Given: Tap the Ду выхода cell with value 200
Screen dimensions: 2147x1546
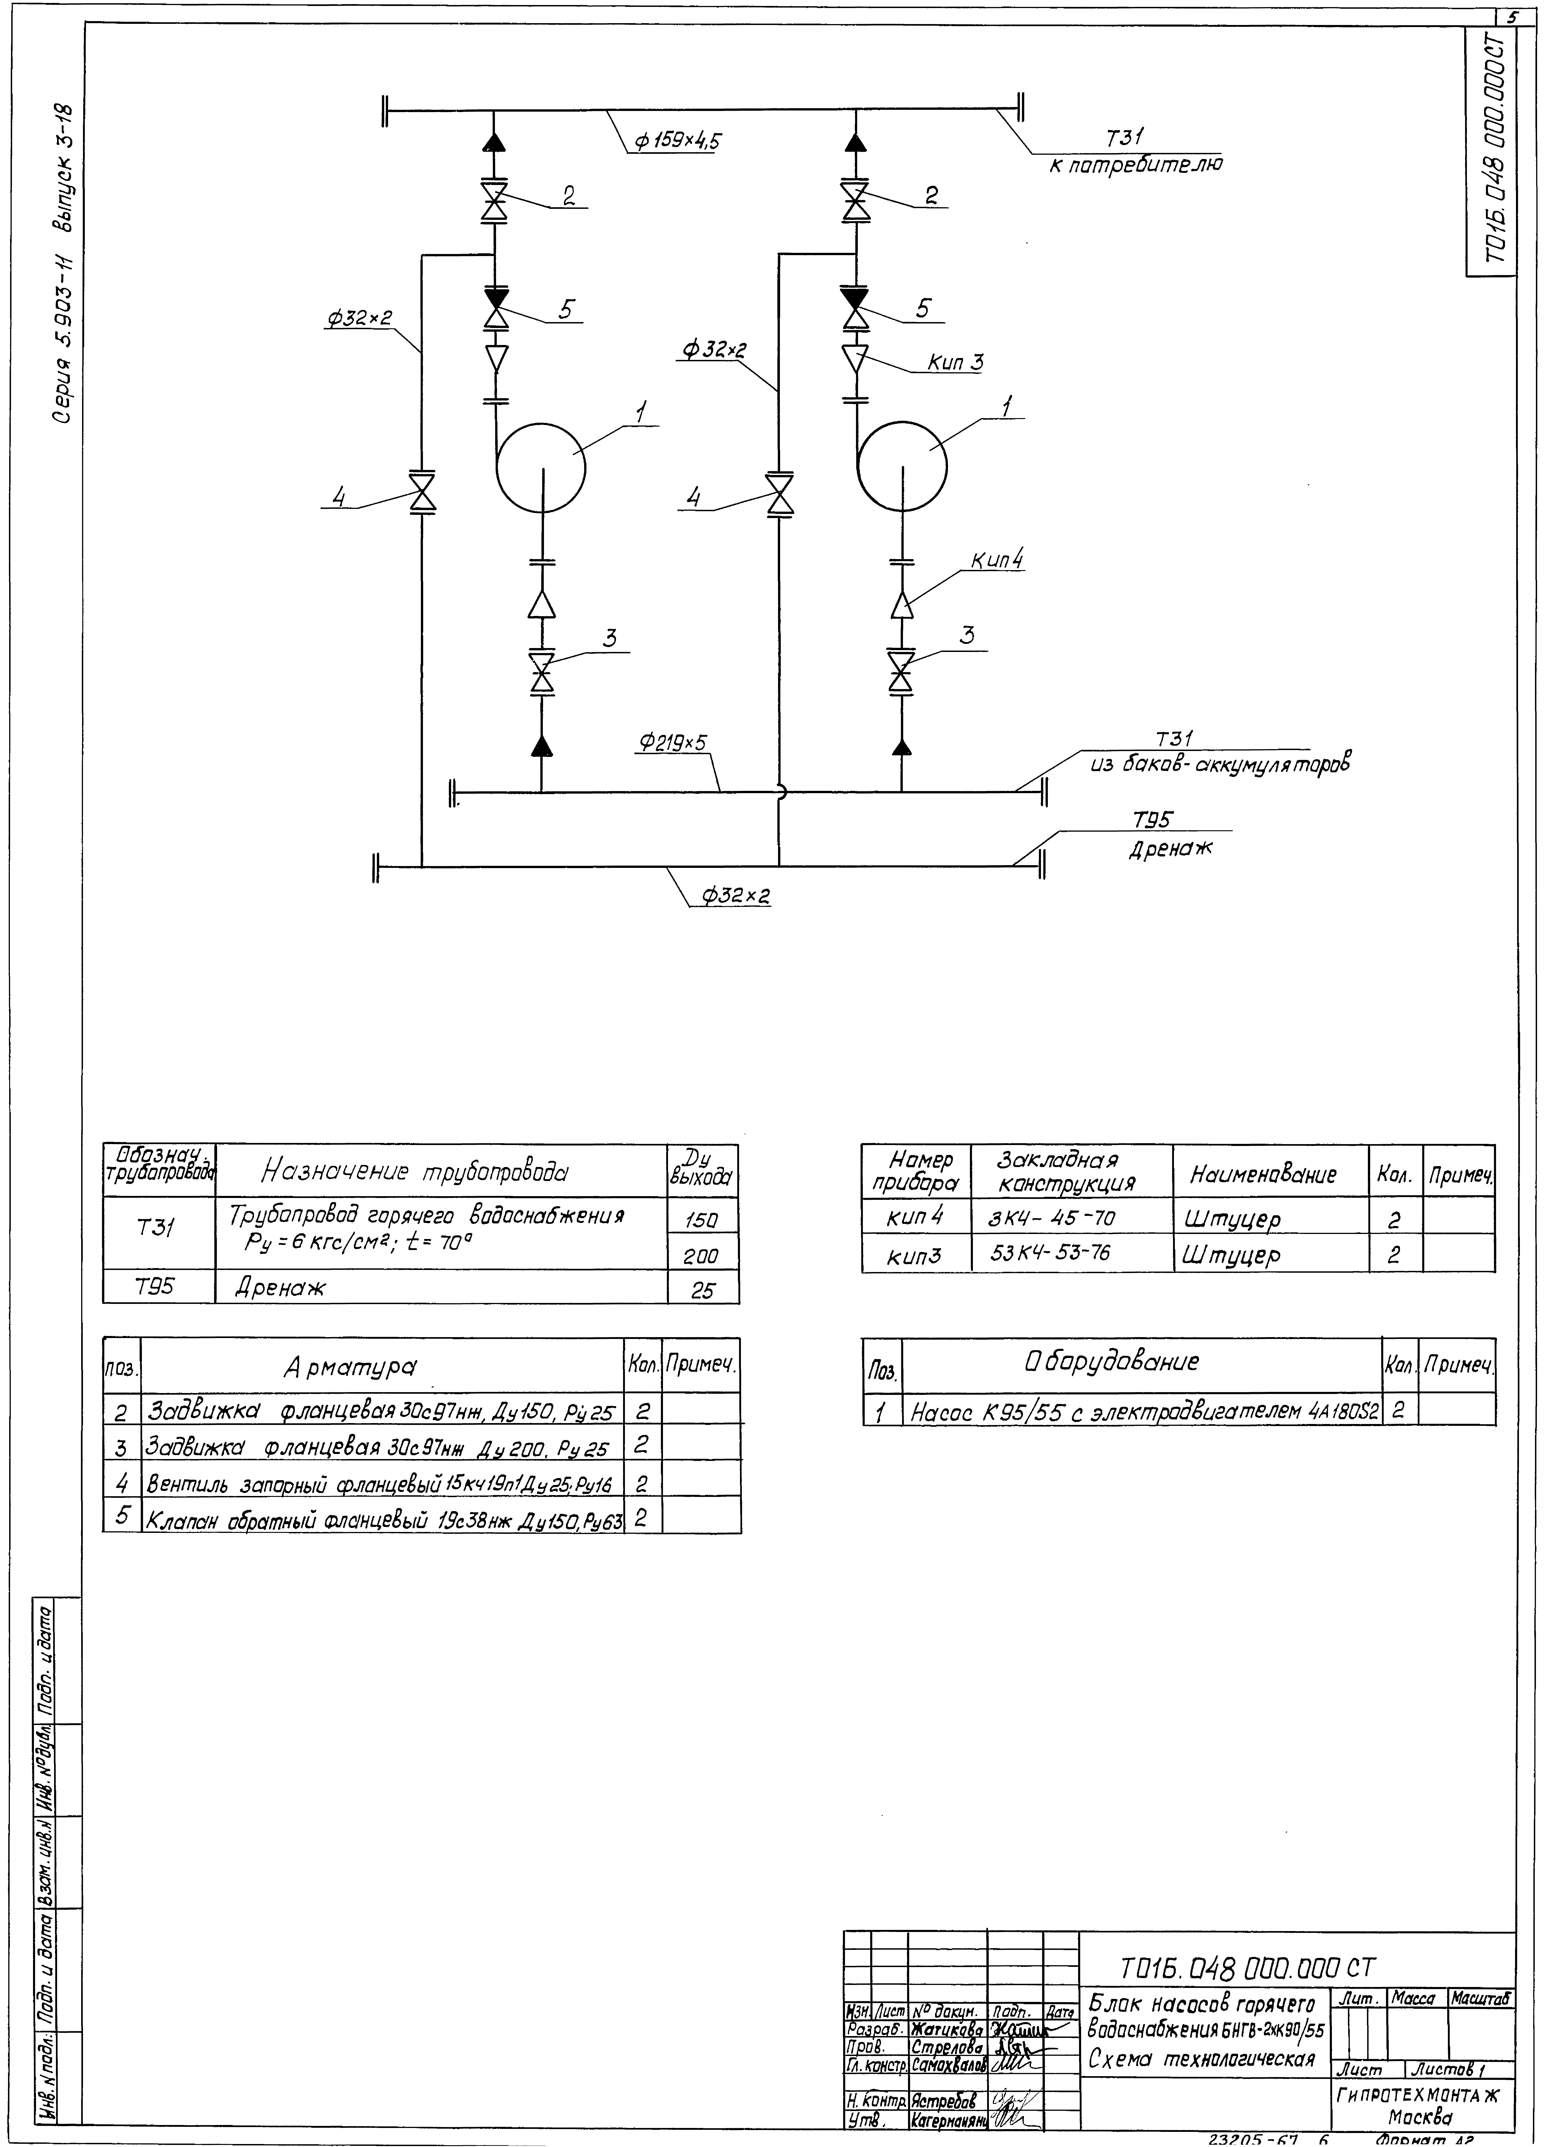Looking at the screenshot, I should [x=701, y=1256].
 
